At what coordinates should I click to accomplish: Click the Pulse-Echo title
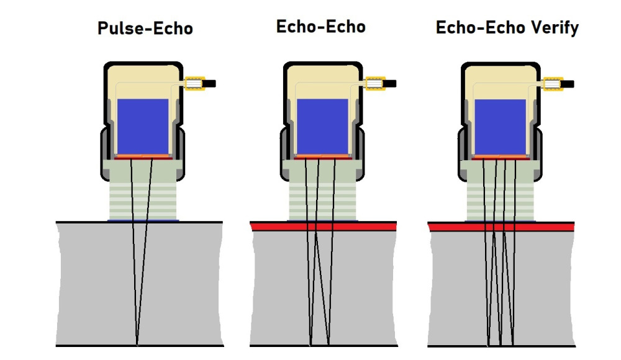[x=145, y=29]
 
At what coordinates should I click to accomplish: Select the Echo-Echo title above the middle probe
[x=320, y=27]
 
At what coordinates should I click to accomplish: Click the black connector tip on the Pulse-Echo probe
[x=211, y=83]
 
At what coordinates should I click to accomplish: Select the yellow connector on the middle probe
[x=375, y=83]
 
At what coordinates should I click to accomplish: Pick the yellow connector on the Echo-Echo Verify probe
[x=553, y=83]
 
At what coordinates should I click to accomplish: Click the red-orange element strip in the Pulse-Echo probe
[x=143, y=157]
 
